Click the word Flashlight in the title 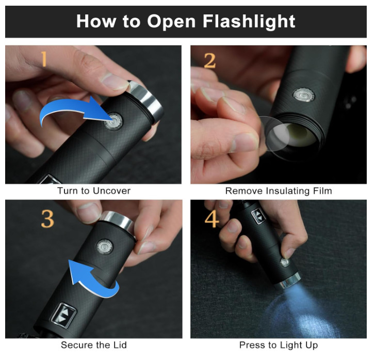tap(249, 22)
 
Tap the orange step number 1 tap(43, 59)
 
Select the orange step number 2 tap(210, 60)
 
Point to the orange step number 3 tap(47, 219)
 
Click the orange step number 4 tap(211, 218)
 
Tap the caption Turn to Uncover tap(94, 191)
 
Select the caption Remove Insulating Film tap(279, 191)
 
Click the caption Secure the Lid tap(94, 345)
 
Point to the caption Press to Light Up tap(279, 345)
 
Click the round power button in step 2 tap(304, 95)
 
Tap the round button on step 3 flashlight tap(105, 247)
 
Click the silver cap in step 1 tap(146, 101)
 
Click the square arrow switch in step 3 tap(63, 315)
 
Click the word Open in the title tap(171, 22)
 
